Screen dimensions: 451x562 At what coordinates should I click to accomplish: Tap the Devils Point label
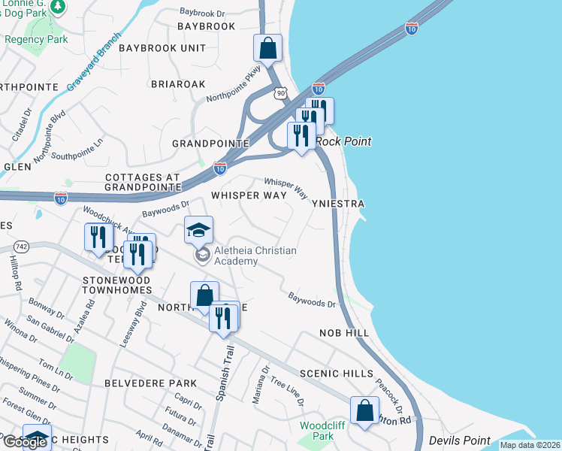click(459, 440)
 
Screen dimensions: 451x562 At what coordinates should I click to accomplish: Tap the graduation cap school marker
click(199, 230)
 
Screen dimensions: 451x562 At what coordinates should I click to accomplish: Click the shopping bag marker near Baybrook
click(267, 49)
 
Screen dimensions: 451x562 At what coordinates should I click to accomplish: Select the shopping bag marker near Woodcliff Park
click(364, 411)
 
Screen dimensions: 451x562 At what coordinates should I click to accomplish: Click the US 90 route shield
click(281, 92)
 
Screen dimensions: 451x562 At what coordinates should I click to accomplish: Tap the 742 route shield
click(21, 246)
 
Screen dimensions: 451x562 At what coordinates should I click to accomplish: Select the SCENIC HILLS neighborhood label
click(336, 374)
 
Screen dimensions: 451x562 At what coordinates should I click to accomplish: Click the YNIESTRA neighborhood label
click(338, 204)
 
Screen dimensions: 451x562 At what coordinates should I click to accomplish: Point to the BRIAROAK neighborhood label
click(178, 84)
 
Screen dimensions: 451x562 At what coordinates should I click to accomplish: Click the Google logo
click(25, 442)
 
